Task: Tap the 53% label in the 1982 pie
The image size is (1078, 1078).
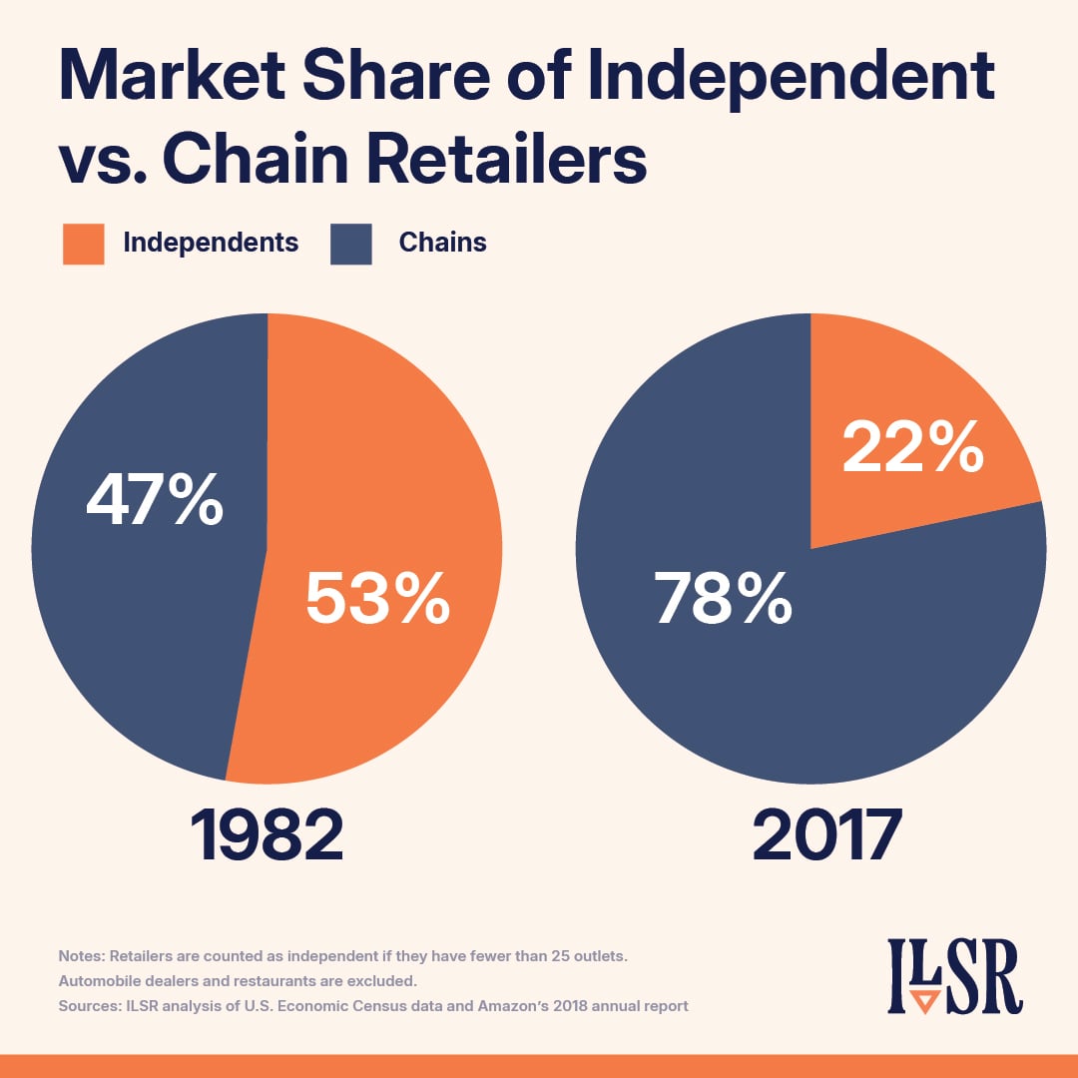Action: [377, 599]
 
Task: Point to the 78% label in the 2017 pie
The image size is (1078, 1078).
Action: [724, 599]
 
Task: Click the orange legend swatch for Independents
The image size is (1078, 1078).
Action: [83, 244]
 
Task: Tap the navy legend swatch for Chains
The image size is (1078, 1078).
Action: [350, 244]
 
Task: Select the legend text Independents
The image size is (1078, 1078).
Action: [211, 243]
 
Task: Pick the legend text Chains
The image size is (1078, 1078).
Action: [442, 243]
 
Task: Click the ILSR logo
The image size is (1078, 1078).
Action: [955, 975]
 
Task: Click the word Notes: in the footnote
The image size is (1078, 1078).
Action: [83, 956]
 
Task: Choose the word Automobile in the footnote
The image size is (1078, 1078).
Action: [100, 981]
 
